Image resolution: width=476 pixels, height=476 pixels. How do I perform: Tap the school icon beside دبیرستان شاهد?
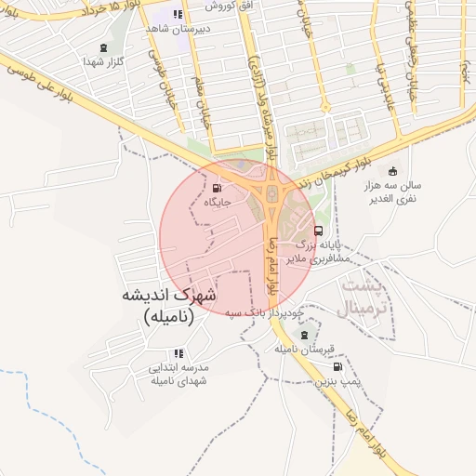[x=177, y=14]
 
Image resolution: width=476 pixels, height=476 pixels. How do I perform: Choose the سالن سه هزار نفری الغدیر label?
[x=395, y=192]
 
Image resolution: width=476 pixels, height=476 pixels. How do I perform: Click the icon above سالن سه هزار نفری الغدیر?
[x=392, y=171]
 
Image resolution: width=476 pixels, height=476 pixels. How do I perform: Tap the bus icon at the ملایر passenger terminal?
[x=319, y=231]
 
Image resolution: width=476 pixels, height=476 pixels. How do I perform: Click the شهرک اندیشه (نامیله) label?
[x=168, y=305]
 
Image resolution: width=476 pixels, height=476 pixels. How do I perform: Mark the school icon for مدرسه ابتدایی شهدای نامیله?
[x=178, y=353]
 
